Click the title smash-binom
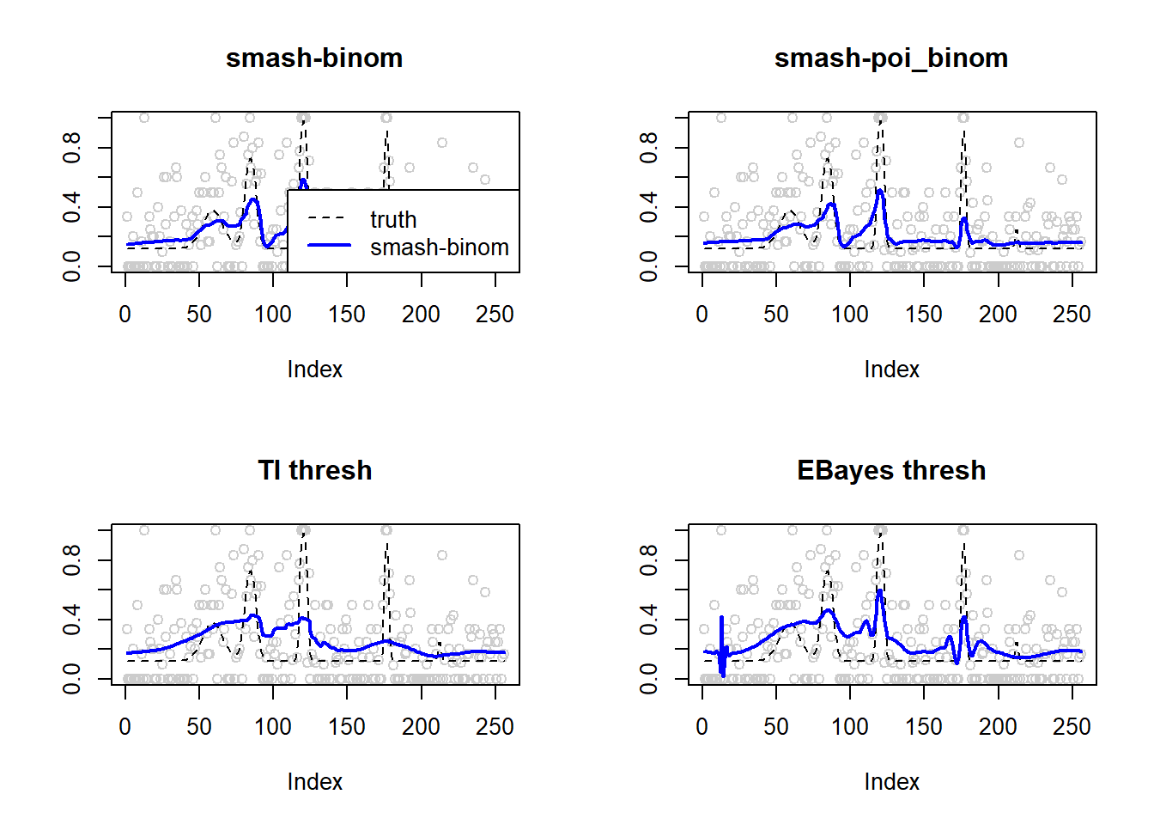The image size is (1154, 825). click(x=314, y=58)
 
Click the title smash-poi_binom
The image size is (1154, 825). click(x=890, y=58)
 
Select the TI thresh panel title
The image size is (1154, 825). click(x=314, y=471)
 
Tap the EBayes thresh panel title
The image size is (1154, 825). click(x=890, y=471)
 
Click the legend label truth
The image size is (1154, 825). click(x=393, y=220)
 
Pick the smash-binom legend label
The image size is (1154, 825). click(x=439, y=247)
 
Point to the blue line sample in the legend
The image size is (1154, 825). click(x=329, y=246)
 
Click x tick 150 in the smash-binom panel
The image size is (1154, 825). click(x=347, y=315)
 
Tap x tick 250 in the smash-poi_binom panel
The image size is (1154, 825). click(x=1072, y=315)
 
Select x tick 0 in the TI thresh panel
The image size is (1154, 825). click(x=125, y=727)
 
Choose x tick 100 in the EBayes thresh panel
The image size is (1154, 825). click(x=850, y=727)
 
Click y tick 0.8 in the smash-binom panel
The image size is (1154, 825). click(x=72, y=148)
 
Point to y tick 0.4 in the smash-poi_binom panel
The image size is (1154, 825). click(x=649, y=207)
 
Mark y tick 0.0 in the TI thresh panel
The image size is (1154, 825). click(x=72, y=679)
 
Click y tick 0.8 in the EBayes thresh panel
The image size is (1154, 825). click(x=649, y=560)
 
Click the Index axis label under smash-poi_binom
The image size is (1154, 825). click(x=891, y=370)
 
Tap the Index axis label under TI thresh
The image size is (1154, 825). click(x=314, y=782)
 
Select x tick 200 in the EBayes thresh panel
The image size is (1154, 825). click(x=998, y=727)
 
